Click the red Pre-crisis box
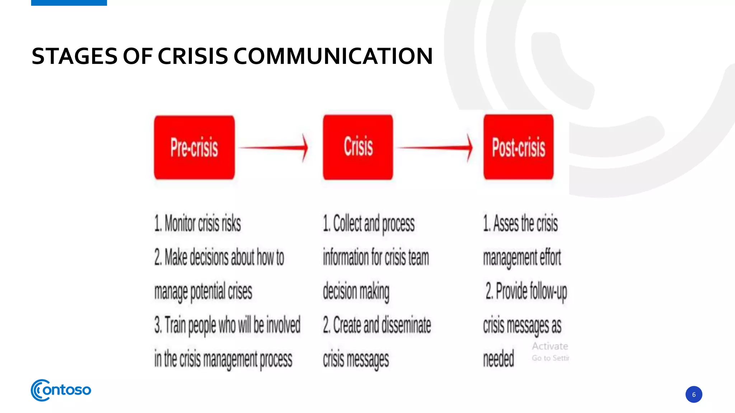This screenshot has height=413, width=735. (194, 147)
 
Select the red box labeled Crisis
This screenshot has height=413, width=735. (358, 147)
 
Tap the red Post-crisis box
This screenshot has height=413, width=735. (518, 147)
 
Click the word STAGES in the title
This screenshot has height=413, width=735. (74, 56)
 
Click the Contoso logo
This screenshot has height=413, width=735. (61, 390)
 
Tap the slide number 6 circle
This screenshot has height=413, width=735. (693, 394)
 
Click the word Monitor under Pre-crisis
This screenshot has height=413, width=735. (180, 223)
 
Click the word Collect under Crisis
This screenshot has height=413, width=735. (347, 223)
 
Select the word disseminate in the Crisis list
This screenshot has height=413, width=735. (406, 325)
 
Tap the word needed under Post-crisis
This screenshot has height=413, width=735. (498, 359)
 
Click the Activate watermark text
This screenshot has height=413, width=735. (550, 346)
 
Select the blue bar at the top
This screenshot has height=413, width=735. (69, 3)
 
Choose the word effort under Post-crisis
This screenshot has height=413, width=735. (550, 257)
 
